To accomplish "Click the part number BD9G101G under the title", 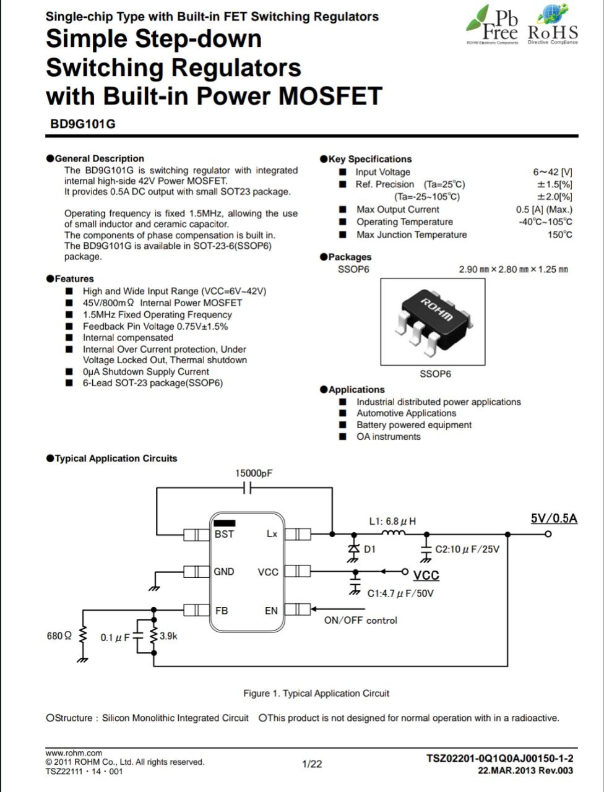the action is [x=83, y=124].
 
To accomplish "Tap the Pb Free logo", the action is [x=492, y=25].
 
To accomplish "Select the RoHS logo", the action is [x=553, y=25].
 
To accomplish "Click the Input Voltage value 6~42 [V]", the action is [x=553, y=172].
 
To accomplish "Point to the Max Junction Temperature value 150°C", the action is [x=559, y=235].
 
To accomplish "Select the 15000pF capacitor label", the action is [x=254, y=473].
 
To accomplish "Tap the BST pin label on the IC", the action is [x=224, y=534].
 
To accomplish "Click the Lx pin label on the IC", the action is [x=272, y=533].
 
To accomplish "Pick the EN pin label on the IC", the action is [x=271, y=611].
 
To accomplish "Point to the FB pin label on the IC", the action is [x=222, y=611].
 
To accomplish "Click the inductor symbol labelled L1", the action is [x=394, y=532].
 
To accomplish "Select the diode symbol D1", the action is [x=353, y=548].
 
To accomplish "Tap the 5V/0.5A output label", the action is [x=554, y=519].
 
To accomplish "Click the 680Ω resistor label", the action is [x=59, y=635].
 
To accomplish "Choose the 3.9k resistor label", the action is [x=168, y=636].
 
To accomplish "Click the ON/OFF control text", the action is [x=360, y=620].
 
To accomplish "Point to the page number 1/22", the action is [x=312, y=764].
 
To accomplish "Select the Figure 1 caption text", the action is [x=316, y=693].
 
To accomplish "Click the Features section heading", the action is [x=70, y=279].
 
